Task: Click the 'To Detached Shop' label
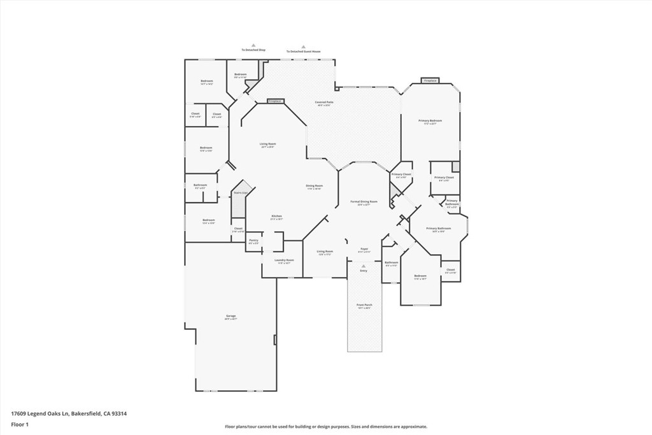[253, 50]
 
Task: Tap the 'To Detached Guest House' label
[303, 52]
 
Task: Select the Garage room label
[230, 317]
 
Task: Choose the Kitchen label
[277, 217]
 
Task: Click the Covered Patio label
[324, 103]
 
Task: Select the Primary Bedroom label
[430, 122]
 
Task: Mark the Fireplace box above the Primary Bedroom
[430, 81]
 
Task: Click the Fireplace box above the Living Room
[274, 101]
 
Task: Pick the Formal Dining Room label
[364, 203]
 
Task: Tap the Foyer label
[364, 250]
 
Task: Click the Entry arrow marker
[364, 266]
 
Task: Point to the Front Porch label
[364, 306]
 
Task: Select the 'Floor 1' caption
[18, 424]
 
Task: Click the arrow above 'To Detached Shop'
[253, 45]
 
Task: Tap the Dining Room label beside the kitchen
[315, 187]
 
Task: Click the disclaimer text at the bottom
[325, 427]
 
